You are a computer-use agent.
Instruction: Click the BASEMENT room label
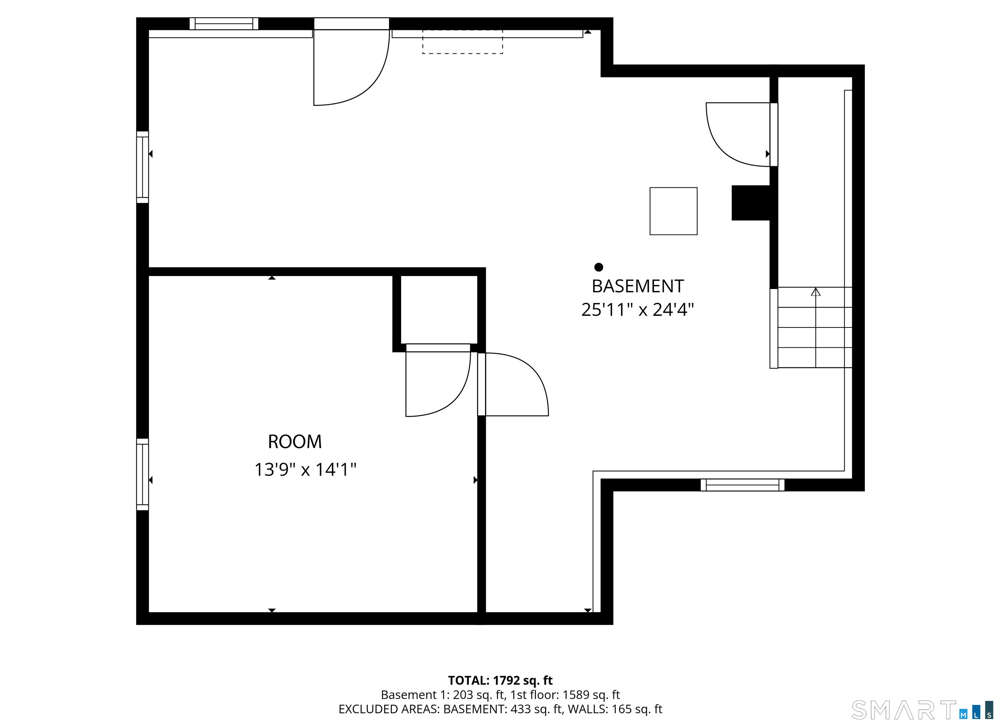click(637, 286)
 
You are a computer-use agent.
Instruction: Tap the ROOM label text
click(295, 442)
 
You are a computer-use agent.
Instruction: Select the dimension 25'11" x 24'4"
click(637, 310)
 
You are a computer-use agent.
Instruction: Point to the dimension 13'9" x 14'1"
click(305, 470)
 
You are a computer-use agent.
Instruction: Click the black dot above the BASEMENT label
click(599, 267)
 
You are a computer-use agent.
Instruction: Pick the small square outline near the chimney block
click(673, 211)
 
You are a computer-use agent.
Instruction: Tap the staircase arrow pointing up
click(816, 293)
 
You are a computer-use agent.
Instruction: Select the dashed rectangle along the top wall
click(463, 42)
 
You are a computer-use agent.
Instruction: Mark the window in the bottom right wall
click(742, 485)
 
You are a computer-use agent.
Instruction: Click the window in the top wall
click(224, 23)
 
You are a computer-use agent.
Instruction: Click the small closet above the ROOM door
click(439, 309)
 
